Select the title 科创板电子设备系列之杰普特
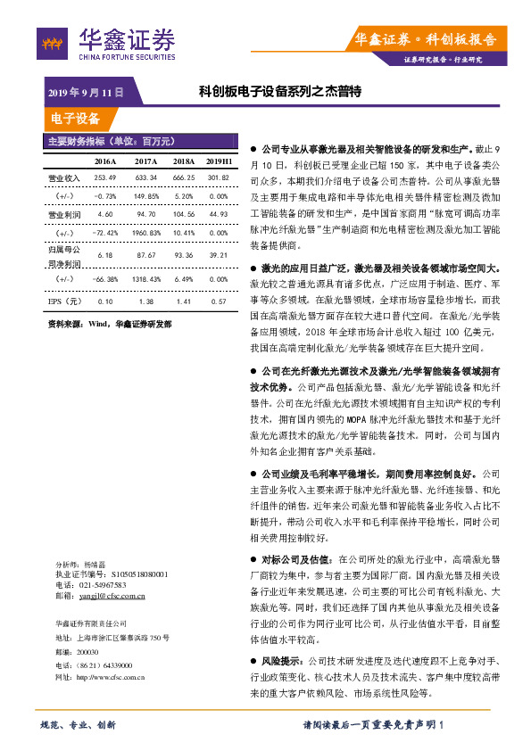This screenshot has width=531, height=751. coord(279,92)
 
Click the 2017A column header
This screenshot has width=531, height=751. coord(145,161)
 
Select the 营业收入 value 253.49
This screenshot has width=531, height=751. coord(106,177)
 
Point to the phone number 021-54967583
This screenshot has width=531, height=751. coord(101,584)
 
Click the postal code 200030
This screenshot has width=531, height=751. coord(87,652)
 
